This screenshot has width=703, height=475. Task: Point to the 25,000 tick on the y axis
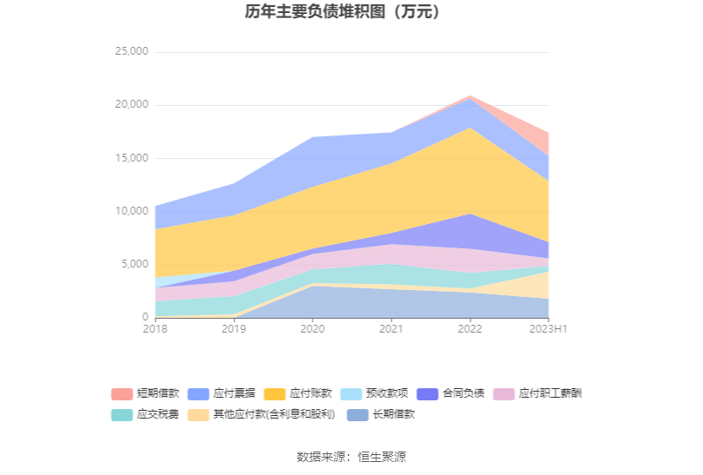tap(132, 52)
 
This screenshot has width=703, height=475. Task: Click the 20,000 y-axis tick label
tap(132, 105)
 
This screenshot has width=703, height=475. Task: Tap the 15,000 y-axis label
tap(132, 159)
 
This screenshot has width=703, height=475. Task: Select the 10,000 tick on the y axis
tap(132, 212)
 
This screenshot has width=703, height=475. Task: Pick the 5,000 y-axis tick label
tap(135, 265)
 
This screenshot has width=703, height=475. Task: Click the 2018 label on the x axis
tap(155, 329)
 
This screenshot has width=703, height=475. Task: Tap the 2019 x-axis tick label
tap(233, 329)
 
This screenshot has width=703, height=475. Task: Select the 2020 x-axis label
tap(312, 329)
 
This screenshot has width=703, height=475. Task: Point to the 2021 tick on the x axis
tap(391, 329)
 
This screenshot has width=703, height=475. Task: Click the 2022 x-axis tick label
tap(470, 329)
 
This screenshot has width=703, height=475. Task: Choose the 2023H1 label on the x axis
tap(549, 329)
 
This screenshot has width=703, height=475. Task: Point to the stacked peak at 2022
tap(470, 96)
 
